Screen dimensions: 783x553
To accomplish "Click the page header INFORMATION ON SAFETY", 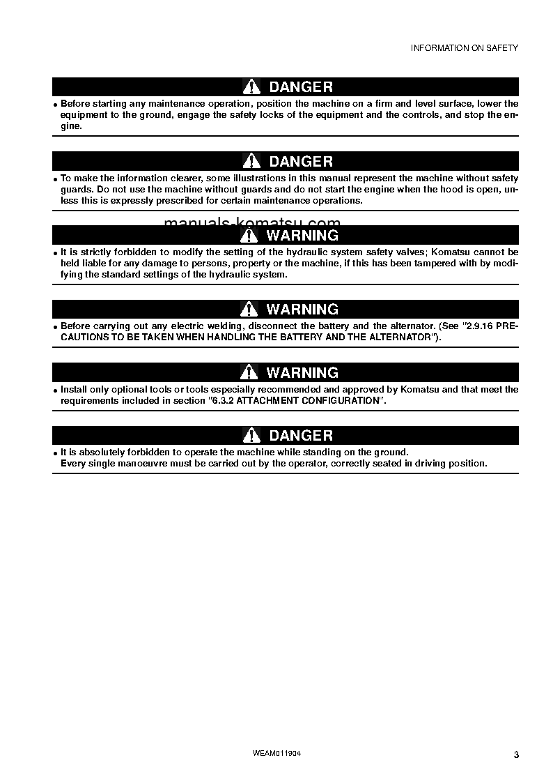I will pos(464,48).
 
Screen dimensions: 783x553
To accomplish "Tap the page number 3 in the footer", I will pos(516,755).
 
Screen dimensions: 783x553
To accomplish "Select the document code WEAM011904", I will pos(276,754).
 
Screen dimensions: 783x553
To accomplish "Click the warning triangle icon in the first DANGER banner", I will pos(251,87).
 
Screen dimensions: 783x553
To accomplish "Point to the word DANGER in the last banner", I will pos(301,436).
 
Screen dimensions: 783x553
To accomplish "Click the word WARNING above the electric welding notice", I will pos(302,310).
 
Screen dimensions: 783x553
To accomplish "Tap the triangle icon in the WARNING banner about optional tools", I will pos(249,373).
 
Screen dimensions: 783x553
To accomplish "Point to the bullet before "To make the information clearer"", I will pos(56,179).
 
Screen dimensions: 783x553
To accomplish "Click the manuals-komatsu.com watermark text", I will pos(252,222).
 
